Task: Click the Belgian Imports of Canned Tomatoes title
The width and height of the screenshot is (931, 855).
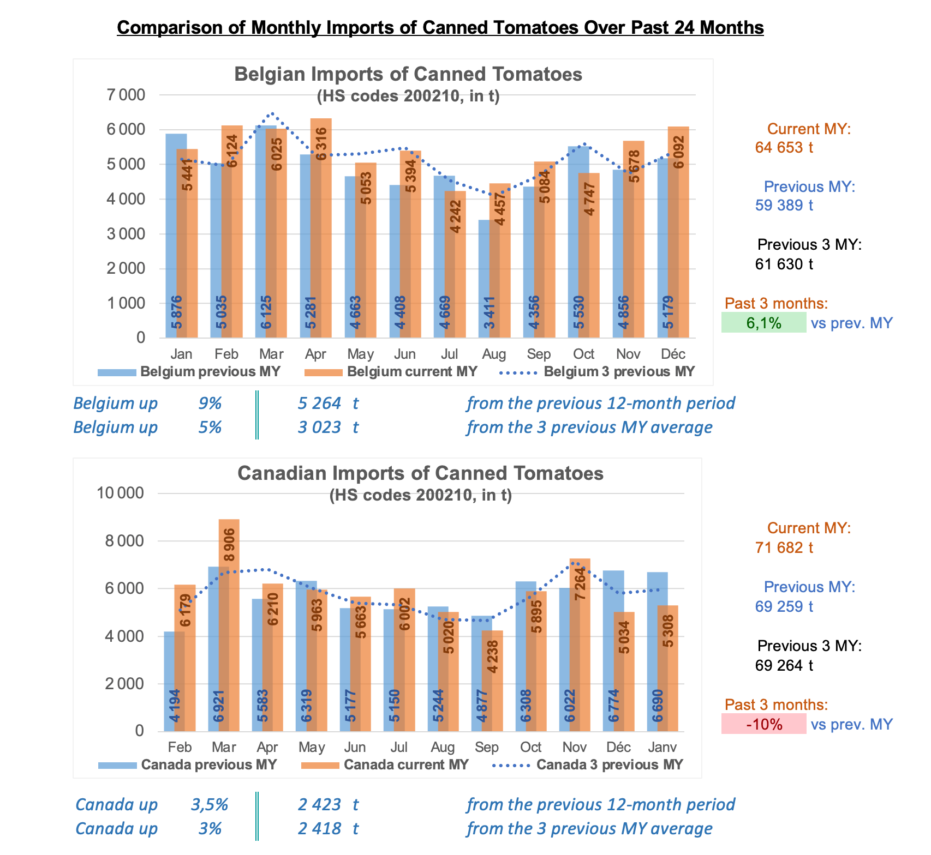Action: click(x=408, y=74)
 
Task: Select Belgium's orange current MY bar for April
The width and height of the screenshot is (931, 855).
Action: click(x=321, y=229)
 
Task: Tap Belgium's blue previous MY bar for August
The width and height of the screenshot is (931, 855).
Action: click(x=485, y=278)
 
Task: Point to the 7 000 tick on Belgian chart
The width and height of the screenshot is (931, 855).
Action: click(x=126, y=95)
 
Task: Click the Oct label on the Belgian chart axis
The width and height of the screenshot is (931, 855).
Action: click(x=583, y=354)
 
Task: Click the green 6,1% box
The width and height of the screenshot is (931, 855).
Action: click(x=763, y=323)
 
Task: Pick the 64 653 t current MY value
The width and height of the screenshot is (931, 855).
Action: click(x=784, y=147)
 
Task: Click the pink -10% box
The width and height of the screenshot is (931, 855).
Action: click(x=763, y=724)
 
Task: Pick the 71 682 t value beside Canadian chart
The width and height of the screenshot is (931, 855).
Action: click(x=784, y=547)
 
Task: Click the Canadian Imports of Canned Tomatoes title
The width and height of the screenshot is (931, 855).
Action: click(x=420, y=473)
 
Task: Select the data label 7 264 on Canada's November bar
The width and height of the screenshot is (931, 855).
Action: click(x=580, y=583)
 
